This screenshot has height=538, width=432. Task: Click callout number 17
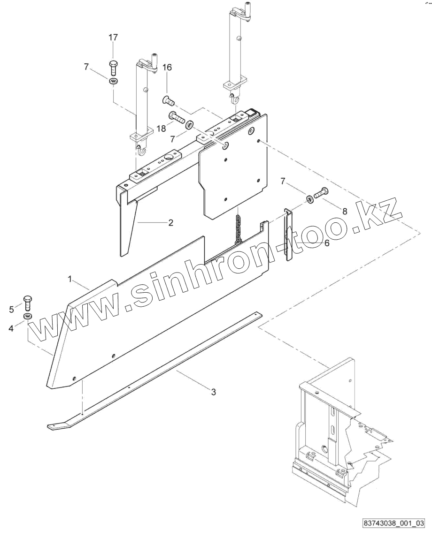tap(114, 37)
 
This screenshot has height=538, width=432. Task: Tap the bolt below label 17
tap(113, 68)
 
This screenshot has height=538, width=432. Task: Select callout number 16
tap(167, 68)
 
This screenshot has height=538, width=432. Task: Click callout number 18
tap(161, 129)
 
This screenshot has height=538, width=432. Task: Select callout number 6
tap(326, 243)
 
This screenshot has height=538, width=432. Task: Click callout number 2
tap(170, 222)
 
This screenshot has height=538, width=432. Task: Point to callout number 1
tap(70, 279)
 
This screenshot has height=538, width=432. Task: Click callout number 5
tap(12, 309)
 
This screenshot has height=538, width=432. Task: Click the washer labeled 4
tap(27, 318)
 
